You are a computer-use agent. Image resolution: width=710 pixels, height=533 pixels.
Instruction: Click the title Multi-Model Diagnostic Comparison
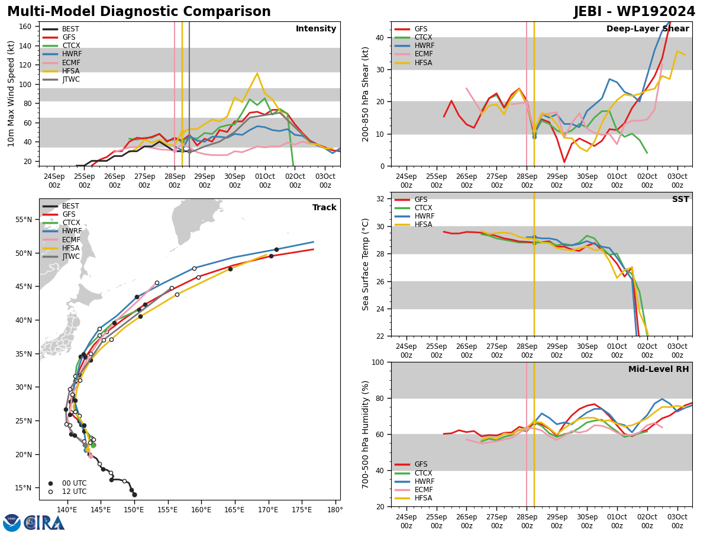tap(139, 11)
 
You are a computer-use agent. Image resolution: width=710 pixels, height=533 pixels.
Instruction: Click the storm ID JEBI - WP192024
tap(634, 11)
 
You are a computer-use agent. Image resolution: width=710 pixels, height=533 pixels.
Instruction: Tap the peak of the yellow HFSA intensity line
tap(257, 73)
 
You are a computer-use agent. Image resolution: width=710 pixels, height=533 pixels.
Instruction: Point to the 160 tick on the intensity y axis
tap(25, 27)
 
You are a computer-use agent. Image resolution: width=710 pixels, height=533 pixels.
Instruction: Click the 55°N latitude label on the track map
tap(24, 220)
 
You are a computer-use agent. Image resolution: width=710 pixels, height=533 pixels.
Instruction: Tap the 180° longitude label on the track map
tap(335, 510)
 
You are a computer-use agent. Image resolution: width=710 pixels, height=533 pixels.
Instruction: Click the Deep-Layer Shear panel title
tap(647, 28)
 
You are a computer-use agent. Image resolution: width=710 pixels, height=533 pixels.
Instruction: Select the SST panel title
tap(680, 199)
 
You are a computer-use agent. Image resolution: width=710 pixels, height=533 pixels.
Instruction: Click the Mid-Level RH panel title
tap(659, 369)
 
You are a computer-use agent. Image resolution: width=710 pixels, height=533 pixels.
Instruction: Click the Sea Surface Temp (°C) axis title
tap(365, 264)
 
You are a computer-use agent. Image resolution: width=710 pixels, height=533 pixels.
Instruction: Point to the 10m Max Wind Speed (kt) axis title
tap(11, 94)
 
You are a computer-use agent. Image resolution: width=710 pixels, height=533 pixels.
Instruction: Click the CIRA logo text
tap(44, 523)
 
